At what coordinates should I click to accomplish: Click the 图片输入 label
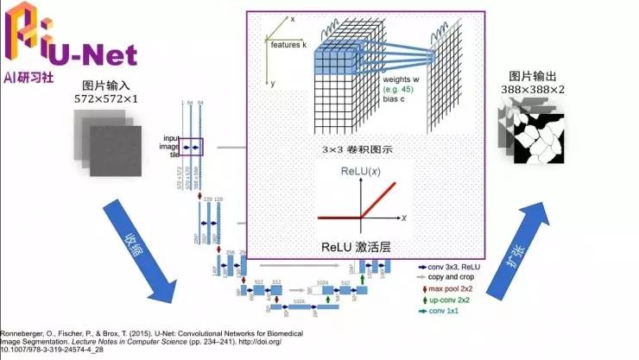[106, 85]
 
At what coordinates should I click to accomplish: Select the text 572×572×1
[106, 99]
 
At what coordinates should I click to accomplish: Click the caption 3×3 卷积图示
[356, 149]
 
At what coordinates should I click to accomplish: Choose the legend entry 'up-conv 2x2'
[450, 299]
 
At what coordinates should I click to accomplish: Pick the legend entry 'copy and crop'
[453, 278]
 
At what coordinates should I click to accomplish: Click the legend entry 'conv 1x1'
[444, 310]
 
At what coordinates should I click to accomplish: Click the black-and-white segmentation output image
[539, 135]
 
